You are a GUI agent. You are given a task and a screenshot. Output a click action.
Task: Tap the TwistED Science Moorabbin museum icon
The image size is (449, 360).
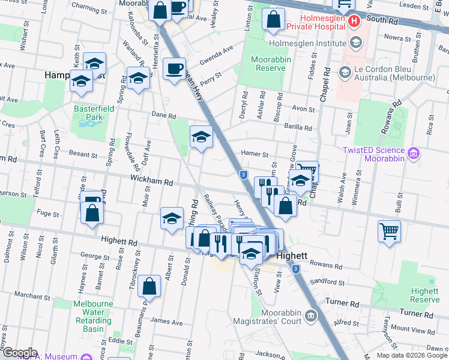[414, 154]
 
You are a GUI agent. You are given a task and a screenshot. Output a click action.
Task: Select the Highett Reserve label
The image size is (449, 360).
[425, 295]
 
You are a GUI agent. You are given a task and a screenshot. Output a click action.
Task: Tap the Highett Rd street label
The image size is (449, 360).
[119, 241]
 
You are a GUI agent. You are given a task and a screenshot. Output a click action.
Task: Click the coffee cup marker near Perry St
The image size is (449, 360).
[174, 69]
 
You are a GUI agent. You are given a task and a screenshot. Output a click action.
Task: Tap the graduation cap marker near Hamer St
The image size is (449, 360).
[202, 137]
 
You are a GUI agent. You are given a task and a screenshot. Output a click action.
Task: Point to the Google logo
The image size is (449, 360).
[19, 353]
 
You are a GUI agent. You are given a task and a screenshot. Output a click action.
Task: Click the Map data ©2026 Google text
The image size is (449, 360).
[412, 355]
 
